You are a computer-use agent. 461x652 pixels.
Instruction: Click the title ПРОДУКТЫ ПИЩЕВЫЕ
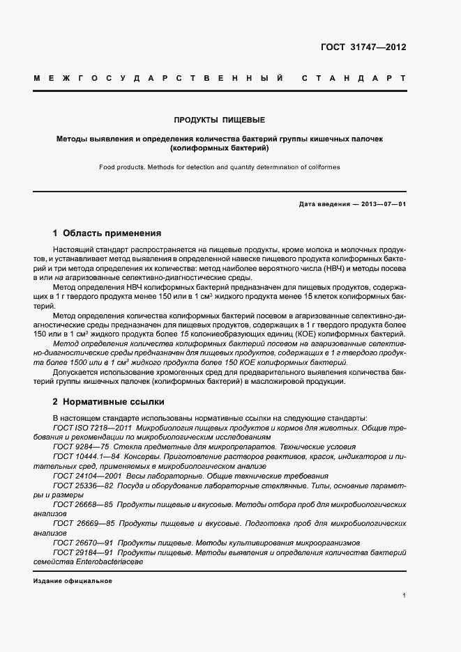(x=220, y=120)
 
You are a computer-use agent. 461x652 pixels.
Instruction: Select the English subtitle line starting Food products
(x=220, y=167)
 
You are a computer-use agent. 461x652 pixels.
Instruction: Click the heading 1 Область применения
(x=107, y=233)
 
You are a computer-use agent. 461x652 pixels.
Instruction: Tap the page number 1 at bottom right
(x=405, y=596)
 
